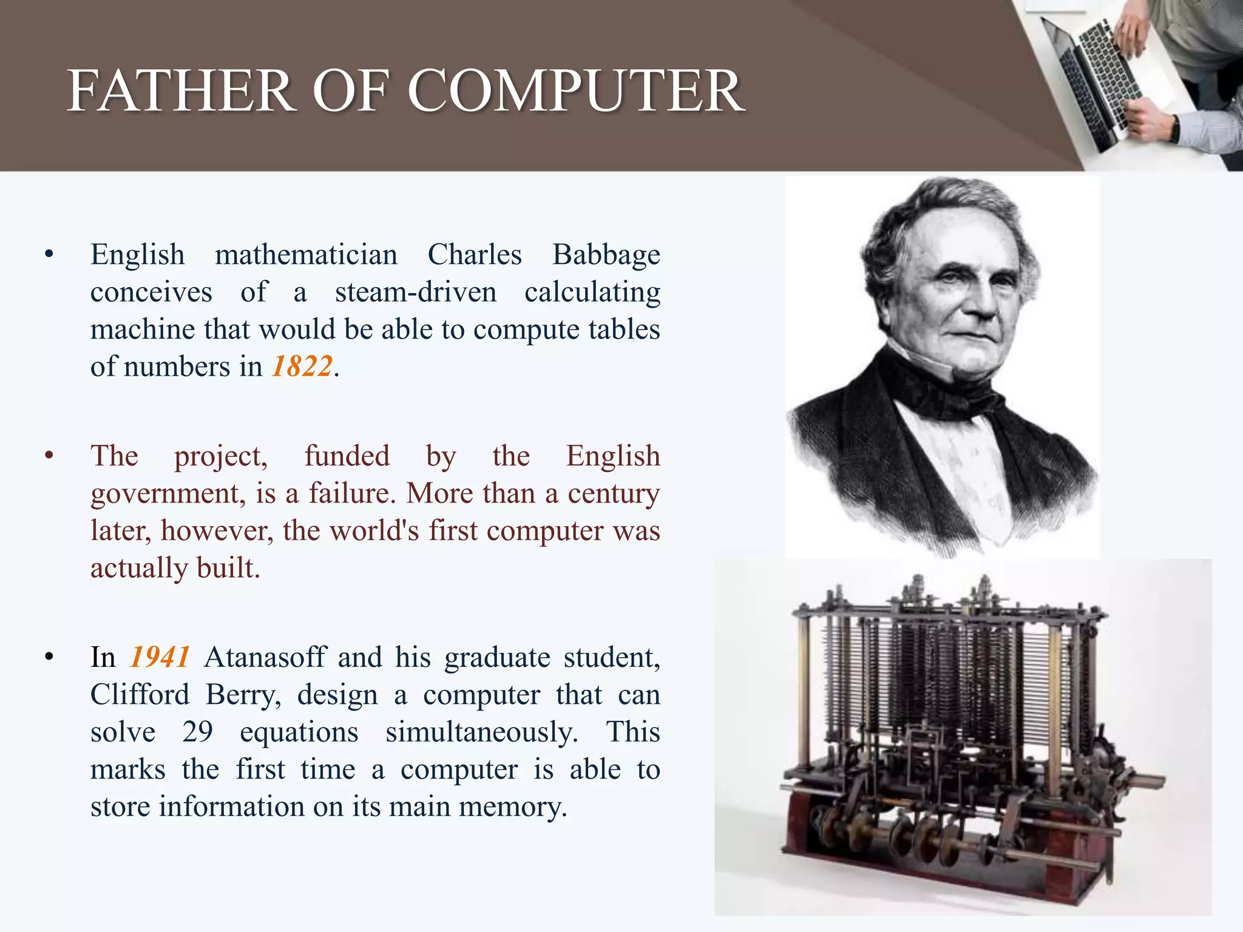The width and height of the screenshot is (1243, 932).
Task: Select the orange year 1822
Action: pyautogui.click(x=302, y=366)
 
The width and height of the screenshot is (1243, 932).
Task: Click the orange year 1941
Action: pyautogui.click(x=160, y=657)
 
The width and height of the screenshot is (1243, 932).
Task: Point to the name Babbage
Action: pyautogui.click(x=606, y=255)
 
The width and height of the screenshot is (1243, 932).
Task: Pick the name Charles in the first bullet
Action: pyautogui.click(x=475, y=255)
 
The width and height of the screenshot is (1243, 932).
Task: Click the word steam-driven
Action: pyautogui.click(x=416, y=292)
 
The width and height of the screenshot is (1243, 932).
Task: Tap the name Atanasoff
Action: pyautogui.click(x=265, y=657)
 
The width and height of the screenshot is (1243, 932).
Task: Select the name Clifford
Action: pyautogui.click(x=140, y=695)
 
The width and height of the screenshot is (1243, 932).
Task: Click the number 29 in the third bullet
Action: pyautogui.click(x=197, y=732)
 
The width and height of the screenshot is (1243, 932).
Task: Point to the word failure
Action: pyautogui.click(x=352, y=493)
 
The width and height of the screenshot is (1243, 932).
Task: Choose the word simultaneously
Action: pyautogui.click(x=481, y=732)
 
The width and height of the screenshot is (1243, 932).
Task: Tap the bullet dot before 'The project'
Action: pyautogui.click(x=49, y=455)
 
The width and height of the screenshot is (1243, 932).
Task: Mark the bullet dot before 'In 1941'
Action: pyautogui.click(x=49, y=657)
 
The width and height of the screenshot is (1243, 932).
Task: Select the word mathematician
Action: pyautogui.click(x=306, y=255)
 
